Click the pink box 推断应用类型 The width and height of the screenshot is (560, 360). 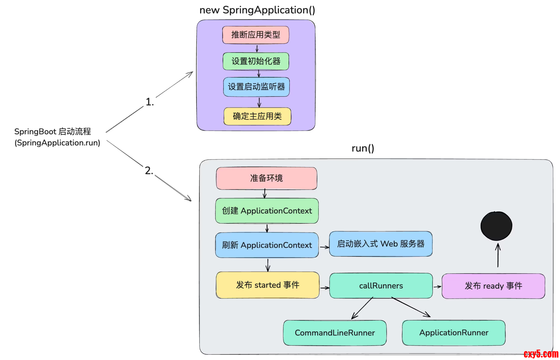point(256,35)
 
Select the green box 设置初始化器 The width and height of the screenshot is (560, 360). point(256,61)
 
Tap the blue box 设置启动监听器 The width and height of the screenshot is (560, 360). point(256,87)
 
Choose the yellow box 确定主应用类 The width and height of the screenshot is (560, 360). point(257,116)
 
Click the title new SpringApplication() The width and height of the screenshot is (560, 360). point(257,10)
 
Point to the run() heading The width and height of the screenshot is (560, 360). point(363,148)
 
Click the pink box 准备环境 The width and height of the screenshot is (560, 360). point(266,178)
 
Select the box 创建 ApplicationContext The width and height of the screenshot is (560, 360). point(267,211)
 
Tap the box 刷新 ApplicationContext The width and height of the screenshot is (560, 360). point(267,245)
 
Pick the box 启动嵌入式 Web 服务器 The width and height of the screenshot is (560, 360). point(381,244)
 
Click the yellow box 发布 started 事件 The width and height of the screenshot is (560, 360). point(267,285)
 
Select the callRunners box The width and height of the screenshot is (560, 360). point(381,286)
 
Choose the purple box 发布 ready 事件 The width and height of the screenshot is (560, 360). point(493,286)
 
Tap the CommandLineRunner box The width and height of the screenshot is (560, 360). point(335,333)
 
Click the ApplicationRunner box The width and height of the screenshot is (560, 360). point(454,333)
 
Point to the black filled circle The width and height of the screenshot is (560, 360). point(496,226)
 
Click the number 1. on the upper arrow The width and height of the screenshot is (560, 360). point(149,102)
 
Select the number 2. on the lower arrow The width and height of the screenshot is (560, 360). point(149,171)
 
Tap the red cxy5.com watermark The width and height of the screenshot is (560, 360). point(541,354)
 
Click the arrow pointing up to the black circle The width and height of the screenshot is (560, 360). point(498,255)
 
